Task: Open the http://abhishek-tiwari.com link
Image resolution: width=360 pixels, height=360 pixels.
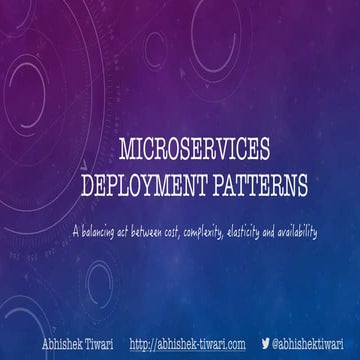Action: (187, 343)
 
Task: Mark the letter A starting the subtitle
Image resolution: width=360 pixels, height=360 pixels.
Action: (75, 232)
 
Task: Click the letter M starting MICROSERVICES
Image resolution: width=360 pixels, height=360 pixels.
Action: (125, 151)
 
